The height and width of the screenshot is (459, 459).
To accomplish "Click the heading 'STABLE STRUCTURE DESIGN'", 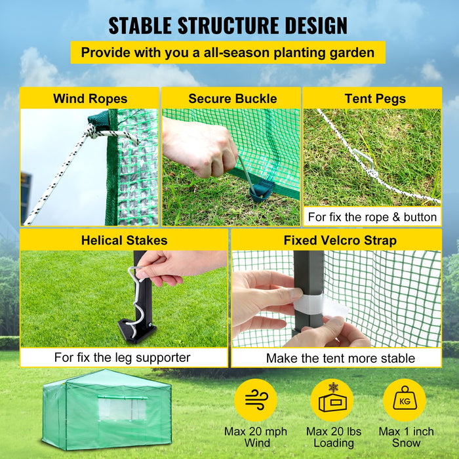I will tap(228, 26).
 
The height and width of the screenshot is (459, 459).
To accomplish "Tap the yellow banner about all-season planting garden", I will tap(228, 52).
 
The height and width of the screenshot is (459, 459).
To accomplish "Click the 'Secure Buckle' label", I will tap(232, 99).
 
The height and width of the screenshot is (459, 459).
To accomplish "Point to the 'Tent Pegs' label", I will tap(374, 99).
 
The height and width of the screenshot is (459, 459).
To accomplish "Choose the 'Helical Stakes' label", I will tap(124, 241).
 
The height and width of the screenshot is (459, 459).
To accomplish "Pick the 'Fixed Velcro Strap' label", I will tap(340, 241).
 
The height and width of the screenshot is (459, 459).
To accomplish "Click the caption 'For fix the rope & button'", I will tap(372, 216).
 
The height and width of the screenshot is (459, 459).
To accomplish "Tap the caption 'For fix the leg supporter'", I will tap(123, 357).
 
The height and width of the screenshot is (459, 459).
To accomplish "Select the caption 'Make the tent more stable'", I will tap(340, 358).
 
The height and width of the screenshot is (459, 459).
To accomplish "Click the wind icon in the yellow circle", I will tap(256, 400).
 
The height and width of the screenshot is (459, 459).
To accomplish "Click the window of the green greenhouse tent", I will tap(122, 409).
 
